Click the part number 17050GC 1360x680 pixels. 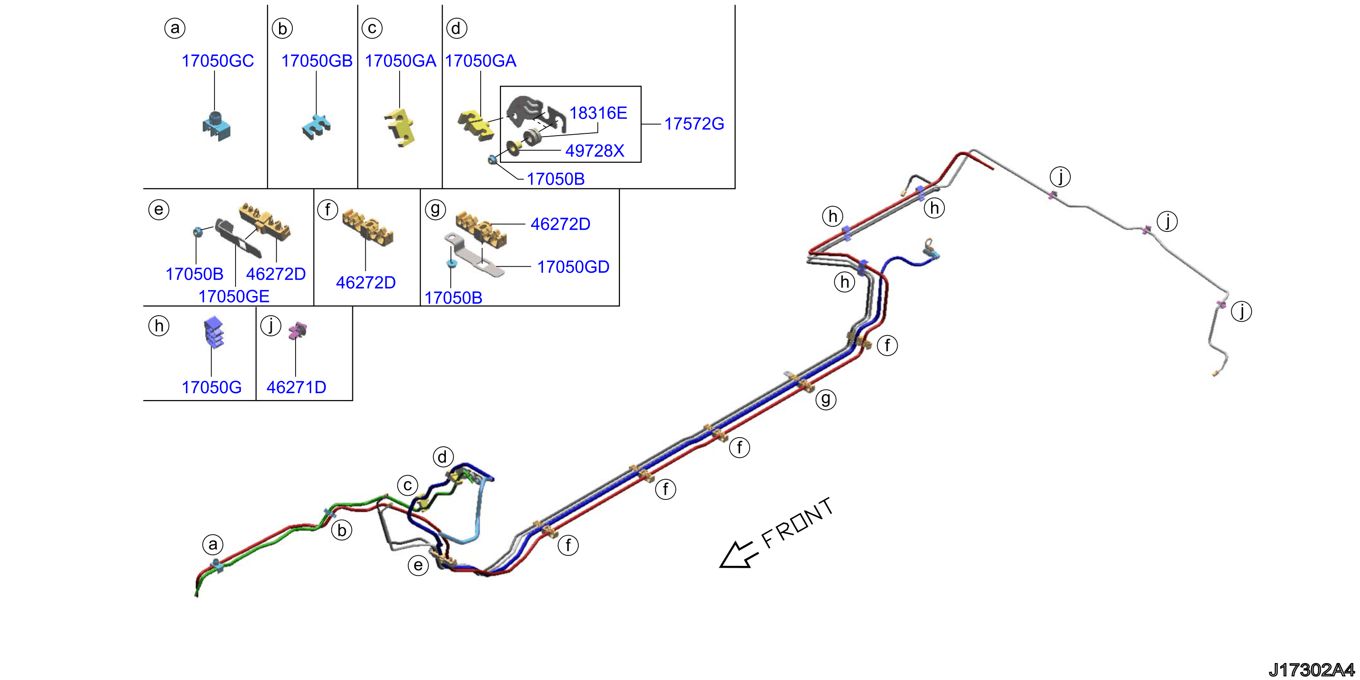pyautogui.click(x=218, y=60)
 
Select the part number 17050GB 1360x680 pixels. pyautogui.click(x=317, y=60)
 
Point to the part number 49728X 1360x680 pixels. pyautogui.click(x=594, y=151)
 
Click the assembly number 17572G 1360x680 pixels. pyautogui.click(x=694, y=124)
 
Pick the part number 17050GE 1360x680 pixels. pyautogui.click(x=234, y=296)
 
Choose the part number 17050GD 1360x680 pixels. pyautogui.click(x=573, y=267)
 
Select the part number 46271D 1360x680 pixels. pyautogui.click(x=296, y=387)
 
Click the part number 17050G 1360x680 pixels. pyautogui.click(x=211, y=387)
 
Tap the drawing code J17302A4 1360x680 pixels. pyautogui.click(x=1312, y=669)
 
